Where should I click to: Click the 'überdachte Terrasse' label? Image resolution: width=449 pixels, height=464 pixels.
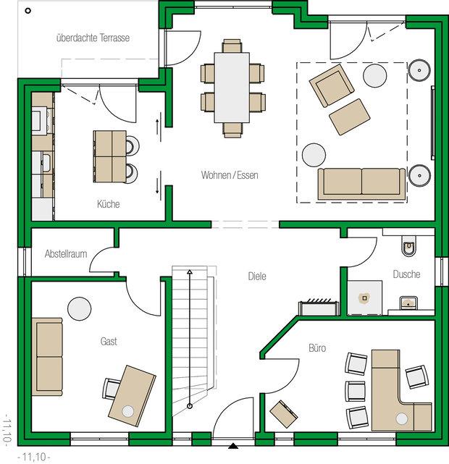point(93,38)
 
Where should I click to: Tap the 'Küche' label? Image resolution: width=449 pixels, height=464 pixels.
point(109,204)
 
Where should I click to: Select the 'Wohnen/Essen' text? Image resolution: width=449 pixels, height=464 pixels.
point(230,175)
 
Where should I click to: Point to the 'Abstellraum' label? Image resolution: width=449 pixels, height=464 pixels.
point(66,253)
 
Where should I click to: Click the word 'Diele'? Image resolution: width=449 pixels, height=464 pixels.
point(257,276)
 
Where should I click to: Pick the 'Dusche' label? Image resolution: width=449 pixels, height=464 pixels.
point(406,274)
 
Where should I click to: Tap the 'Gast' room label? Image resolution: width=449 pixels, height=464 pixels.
point(109,341)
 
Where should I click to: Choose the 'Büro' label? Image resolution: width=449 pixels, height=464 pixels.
point(317,347)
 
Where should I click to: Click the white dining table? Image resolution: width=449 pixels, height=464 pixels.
point(232,88)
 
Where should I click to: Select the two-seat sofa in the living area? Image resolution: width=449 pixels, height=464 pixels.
point(361,184)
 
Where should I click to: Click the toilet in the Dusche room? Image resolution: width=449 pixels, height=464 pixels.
point(409,246)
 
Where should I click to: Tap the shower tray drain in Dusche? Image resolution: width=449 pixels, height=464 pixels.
point(364,298)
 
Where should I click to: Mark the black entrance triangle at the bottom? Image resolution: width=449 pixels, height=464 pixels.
point(233,446)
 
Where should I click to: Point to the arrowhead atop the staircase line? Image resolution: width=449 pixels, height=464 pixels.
point(190,271)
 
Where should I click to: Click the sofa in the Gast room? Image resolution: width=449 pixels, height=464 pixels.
point(47,357)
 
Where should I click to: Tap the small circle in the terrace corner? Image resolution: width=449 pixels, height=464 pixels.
point(28,11)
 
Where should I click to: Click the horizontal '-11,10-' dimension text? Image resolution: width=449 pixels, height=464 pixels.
point(34,457)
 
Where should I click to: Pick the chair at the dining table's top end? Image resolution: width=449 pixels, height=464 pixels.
point(232,46)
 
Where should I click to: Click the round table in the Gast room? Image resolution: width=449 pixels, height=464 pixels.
point(80,308)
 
